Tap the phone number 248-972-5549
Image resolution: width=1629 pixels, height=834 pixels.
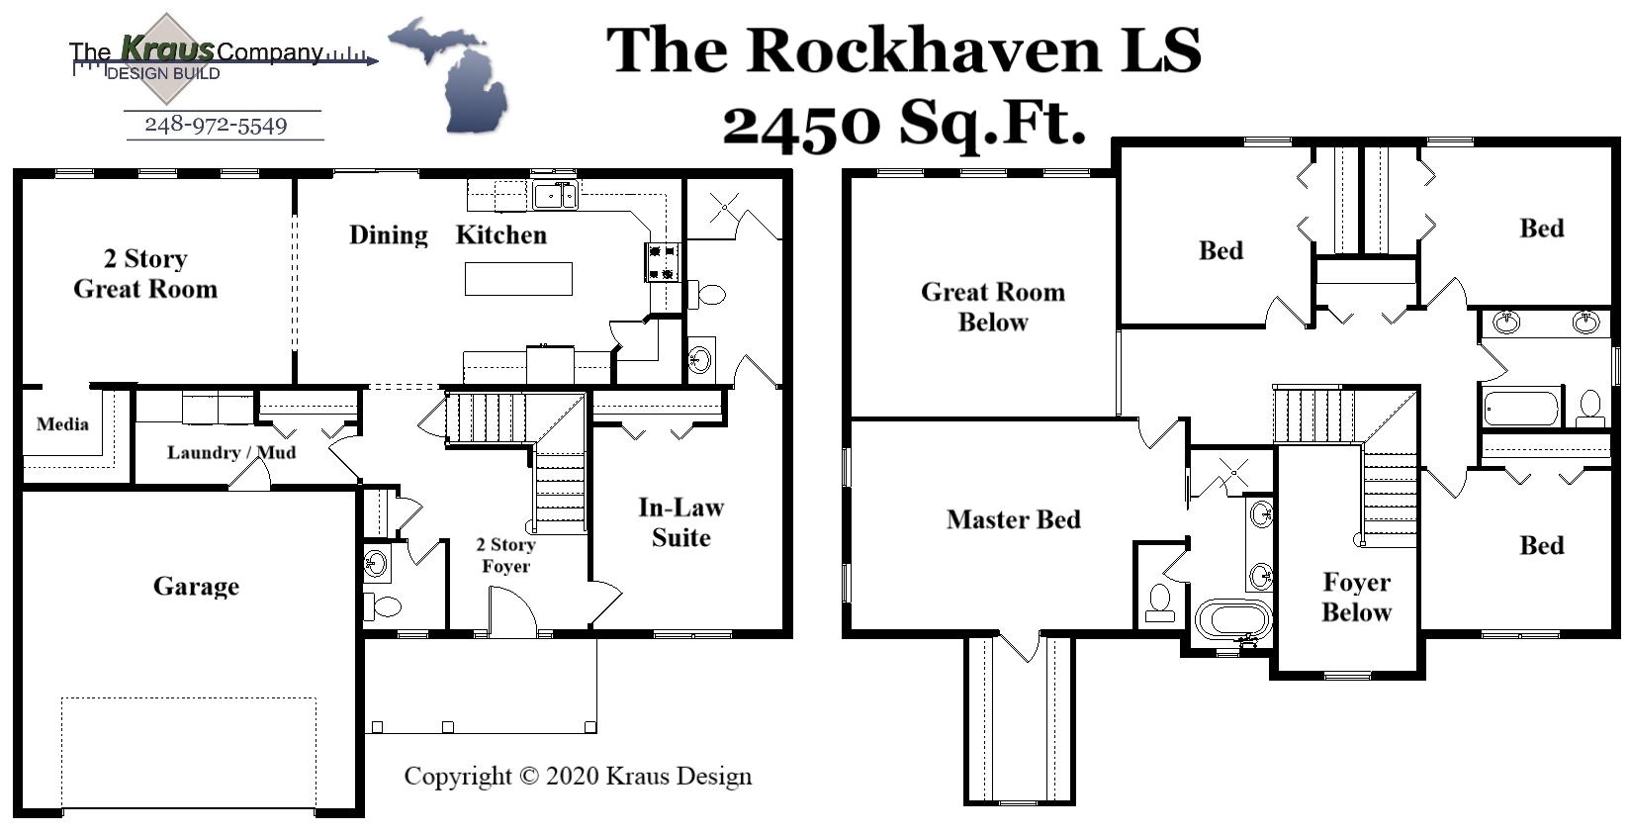216,126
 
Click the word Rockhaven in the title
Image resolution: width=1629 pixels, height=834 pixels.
922,49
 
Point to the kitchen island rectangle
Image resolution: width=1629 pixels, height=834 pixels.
518,279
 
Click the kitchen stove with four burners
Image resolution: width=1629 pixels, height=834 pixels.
662,263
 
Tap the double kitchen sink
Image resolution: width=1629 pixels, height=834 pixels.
555,195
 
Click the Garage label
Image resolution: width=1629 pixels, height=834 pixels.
196,587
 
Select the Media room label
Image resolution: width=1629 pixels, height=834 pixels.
62,424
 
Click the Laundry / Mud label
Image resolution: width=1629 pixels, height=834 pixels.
230,453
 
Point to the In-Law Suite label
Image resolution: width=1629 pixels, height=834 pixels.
680,522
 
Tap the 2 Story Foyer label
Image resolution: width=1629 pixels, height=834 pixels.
505,555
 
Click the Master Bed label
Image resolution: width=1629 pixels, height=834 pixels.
1013,519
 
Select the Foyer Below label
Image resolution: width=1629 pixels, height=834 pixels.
1356,597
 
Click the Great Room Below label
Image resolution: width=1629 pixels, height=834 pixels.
992,307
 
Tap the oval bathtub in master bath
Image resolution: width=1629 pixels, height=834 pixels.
1232,620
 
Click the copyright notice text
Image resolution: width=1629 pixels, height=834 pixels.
578,777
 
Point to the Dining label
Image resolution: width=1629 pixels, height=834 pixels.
389,235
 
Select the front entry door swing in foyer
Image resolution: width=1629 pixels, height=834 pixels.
510,611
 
